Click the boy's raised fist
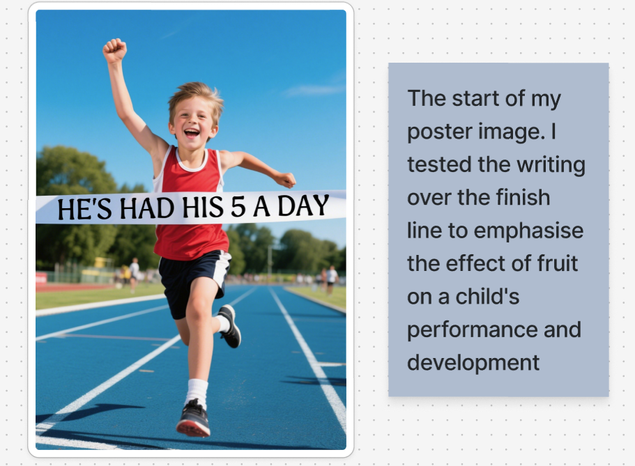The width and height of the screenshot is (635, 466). (x=114, y=50)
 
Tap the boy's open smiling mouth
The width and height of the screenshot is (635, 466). (x=191, y=132)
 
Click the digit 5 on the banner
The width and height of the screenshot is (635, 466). (x=238, y=206)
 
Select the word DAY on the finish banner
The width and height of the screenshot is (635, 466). (x=303, y=205)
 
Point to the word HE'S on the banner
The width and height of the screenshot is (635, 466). (x=84, y=209)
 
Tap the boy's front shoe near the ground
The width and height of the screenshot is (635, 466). (x=193, y=418)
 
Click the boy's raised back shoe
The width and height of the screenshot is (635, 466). (x=230, y=326)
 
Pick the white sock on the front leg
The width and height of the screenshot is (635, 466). (x=197, y=392)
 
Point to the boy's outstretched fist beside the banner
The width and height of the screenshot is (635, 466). (x=286, y=180)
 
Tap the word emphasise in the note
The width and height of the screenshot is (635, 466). (x=528, y=231)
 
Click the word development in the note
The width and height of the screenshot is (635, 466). (x=473, y=362)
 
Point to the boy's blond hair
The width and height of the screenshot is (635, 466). (x=197, y=96)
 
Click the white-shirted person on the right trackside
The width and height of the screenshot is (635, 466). (x=332, y=279)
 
